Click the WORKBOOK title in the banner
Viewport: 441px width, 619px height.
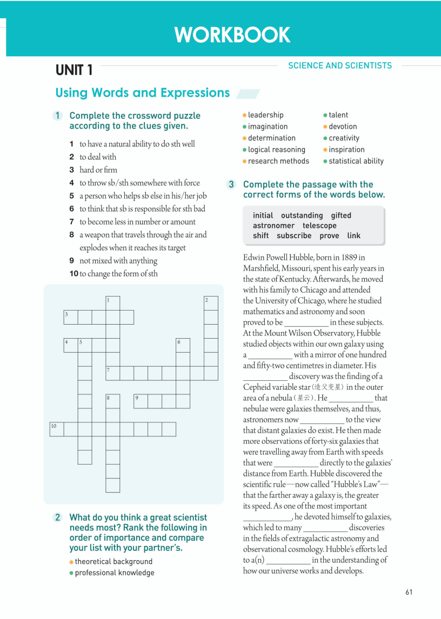[232, 35]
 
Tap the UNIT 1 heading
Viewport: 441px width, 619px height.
[74, 70]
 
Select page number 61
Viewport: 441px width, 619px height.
[409, 592]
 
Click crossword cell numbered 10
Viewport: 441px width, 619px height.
[57, 429]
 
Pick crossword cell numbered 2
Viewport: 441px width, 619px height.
[211, 303]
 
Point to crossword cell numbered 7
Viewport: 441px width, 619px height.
[112, 373]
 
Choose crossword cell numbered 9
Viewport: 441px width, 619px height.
[141, 401]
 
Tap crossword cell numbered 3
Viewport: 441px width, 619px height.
[70, 317]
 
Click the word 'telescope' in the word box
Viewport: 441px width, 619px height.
[319, 226]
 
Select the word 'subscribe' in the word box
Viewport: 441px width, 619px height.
[294, 236]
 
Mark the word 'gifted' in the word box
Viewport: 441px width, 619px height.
[341, 216]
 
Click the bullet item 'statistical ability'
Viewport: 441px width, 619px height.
[356, 161]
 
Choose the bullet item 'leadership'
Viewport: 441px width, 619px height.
[265, 115]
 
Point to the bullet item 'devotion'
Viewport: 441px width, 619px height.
[343, 126]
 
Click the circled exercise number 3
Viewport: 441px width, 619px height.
[231, 185]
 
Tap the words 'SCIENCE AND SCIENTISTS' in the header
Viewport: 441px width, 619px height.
[340, 65]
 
